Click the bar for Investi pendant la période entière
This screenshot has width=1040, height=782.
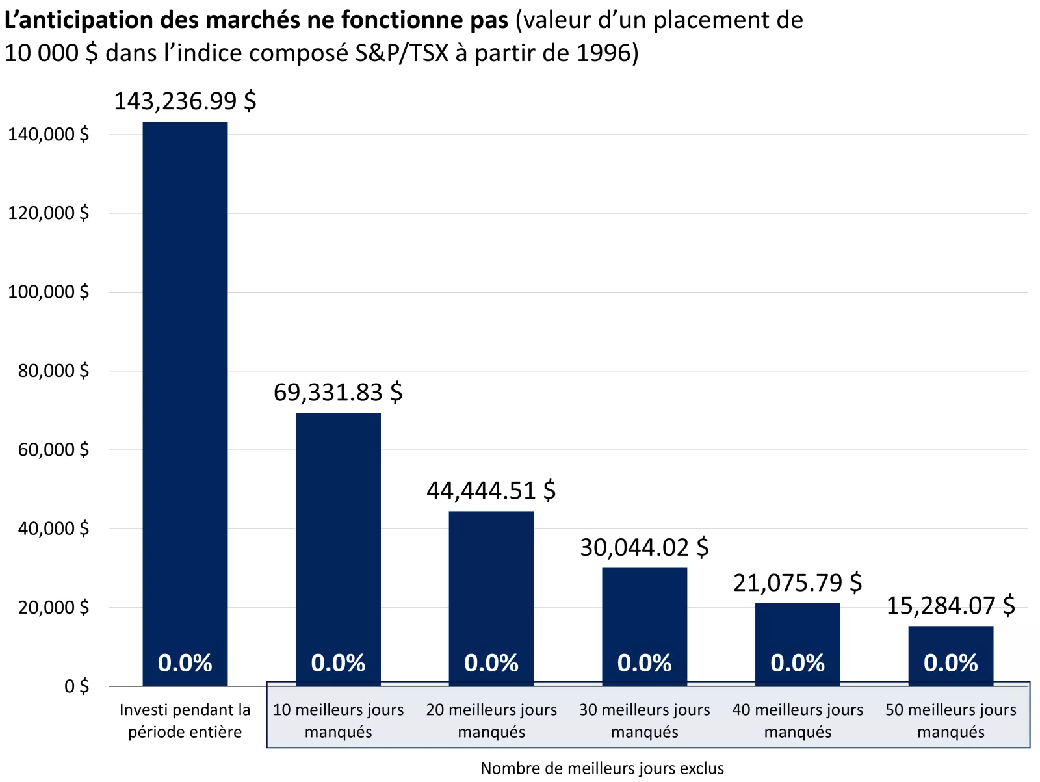tap(185, 390)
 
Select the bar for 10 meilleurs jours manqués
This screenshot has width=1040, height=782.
tap(338, 533)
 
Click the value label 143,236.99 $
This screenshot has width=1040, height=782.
tap(185, 101)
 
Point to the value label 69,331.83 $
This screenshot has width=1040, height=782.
tap(338, 393)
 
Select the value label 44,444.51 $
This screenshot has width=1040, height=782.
tap(491, 491)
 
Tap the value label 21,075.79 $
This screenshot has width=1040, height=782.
tap(798, 583)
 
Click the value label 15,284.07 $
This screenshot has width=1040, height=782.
tap(950, 606)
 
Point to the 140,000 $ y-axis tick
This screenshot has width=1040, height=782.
tap(48, 135)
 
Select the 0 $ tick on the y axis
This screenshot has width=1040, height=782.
tap(76, 686)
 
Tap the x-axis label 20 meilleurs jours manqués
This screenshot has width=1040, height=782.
tap(491, 721)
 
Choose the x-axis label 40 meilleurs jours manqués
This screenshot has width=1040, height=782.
tap(798, 721)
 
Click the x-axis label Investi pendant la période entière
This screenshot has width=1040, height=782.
tap(185, 721)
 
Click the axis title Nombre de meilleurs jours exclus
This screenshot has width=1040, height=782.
tap(602, 768)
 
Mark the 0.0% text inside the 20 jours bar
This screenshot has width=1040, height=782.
tap(491, 663)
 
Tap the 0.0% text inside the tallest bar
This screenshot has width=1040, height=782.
tap(185, 663)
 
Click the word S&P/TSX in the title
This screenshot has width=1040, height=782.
tap(402, 53)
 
